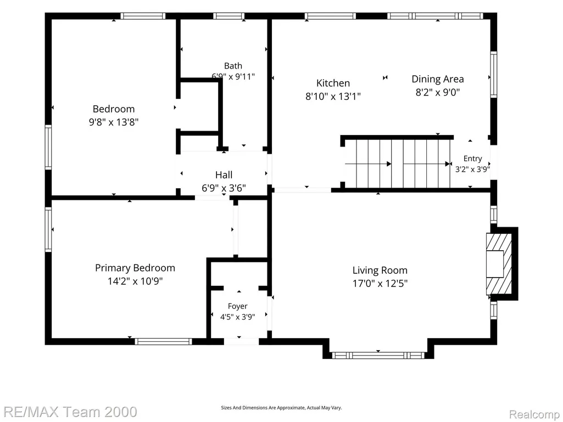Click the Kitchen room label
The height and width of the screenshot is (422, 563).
pyautogui.click(x=333, y=83)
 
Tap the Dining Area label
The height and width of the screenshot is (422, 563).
pyautogui.click(x=437, y=79)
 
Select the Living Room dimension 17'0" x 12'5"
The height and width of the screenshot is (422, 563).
pyautogui.click(x=380, y=284)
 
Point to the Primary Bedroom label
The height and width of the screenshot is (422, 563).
pyautogui.click(x=135, y=268)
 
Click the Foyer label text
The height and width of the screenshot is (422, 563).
pyautogui.click(x=238, y=306)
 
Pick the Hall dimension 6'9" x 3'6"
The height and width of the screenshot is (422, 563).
pyautogui.click(x=224, y=188)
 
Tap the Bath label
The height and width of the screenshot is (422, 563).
pyautogui.click(x=233, y=66)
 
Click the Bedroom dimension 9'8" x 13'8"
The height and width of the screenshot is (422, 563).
pyautogui.click(x=114, y=122)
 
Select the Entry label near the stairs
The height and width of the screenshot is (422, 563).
pyautogui.click(x=472, y=159)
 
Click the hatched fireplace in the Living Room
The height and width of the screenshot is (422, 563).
pyautogui.click(x=499, y=264)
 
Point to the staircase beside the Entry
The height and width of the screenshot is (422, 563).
pyautogui.click(x=397, y=164)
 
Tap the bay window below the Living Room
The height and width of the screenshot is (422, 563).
pyautogui.click(x=378, y=355)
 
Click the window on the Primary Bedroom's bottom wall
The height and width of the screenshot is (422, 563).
pyautogui.click(x=163, y=341)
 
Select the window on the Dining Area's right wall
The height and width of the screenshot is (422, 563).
pyautogui.click(x=494, y=74)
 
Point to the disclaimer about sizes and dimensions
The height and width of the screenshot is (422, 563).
pyautogui.click(x=281, y=408)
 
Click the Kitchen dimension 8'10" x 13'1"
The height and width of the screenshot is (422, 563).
pyautogui.click(x=333, y=97)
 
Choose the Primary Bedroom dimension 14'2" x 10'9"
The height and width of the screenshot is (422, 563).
pyautogui.click(x=135, y=281)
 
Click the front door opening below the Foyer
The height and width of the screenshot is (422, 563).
pyautogui.click(x=241, y=341)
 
